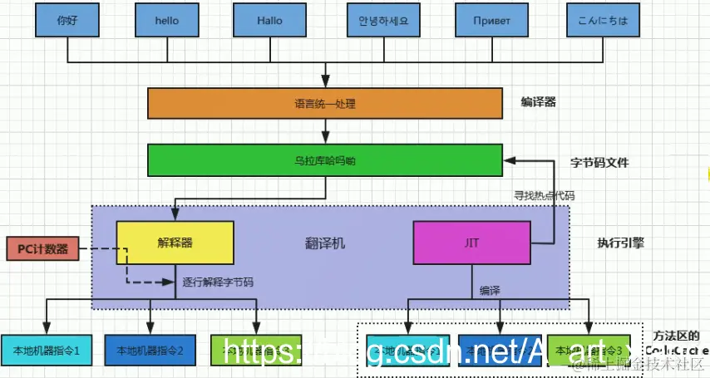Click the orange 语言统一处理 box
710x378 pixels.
point(325,104)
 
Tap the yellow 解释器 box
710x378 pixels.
point(175,243)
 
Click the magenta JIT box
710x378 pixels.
point(471,243)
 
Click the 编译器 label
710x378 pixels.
point(538,102)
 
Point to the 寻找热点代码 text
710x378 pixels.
point(545,195)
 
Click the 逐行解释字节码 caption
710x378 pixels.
point(218,282)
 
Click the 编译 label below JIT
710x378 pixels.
point(489,291)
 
